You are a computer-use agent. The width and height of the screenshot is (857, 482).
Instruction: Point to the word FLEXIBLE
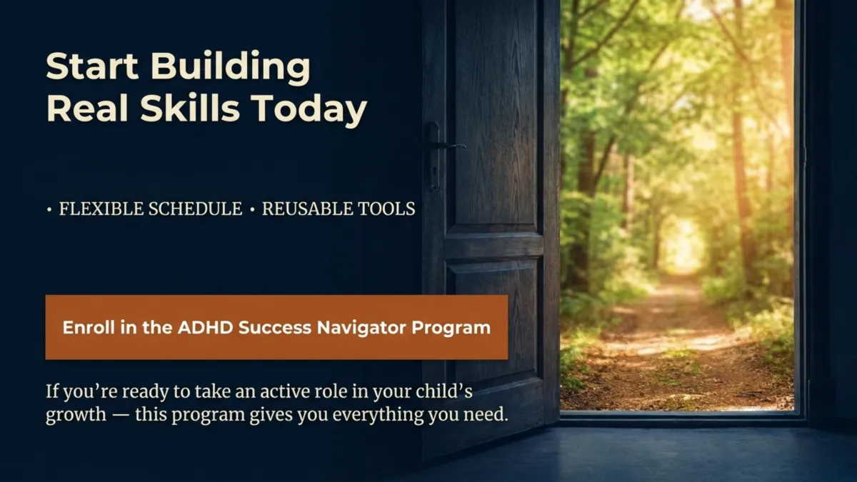[x=99, y=209]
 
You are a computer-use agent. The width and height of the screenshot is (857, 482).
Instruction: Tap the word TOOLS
[x=389, y=209]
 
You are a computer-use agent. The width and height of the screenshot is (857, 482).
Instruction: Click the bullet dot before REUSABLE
[x=253, y=210]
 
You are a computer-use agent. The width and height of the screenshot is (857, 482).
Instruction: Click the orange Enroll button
[x=276, y=327]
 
